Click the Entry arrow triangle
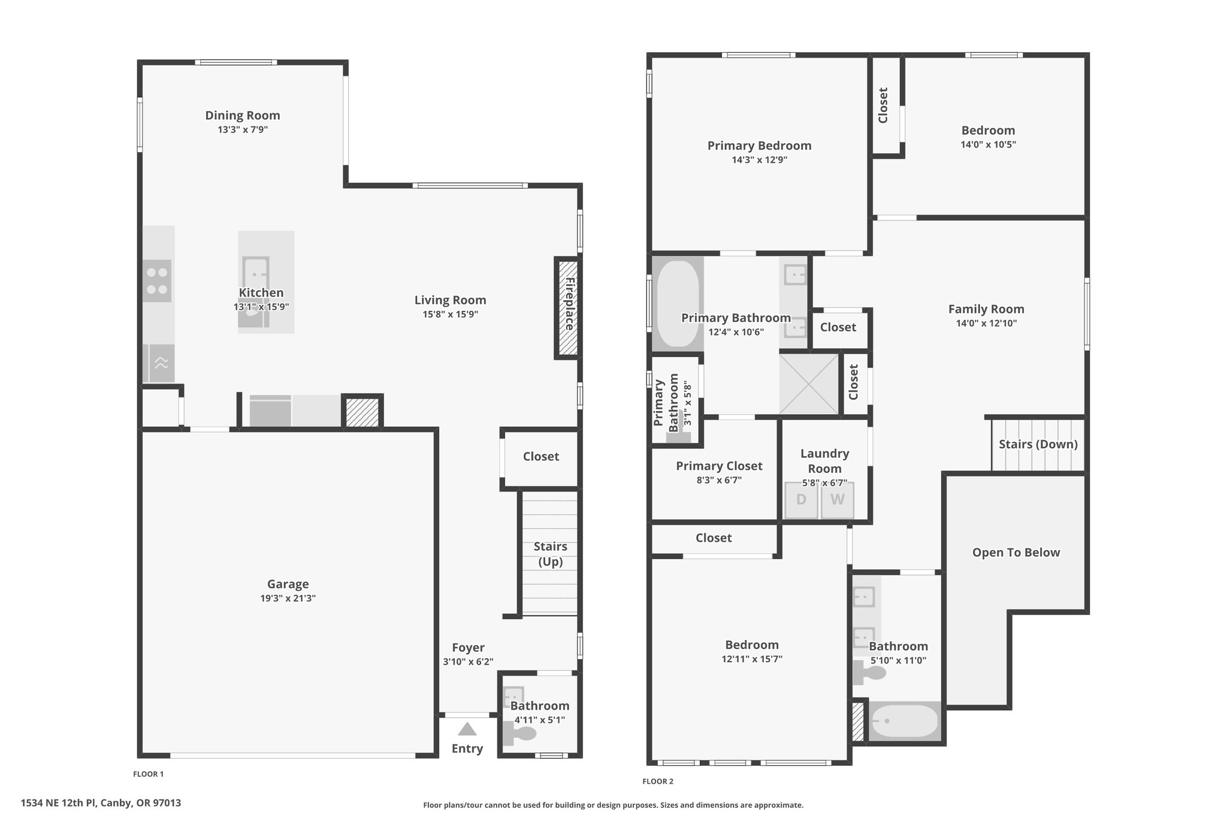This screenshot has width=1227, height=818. click(467, 729)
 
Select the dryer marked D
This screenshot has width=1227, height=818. click(801, 500)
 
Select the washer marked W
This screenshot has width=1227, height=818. click(837, 500)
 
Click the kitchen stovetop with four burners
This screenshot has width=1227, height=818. click(157, 281)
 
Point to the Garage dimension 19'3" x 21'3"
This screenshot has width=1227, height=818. click(288, 598)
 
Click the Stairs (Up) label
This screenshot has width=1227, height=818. click(550, 554)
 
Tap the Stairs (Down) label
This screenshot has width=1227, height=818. click(1038, 444)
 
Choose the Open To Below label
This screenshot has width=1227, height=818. click(1016, 553)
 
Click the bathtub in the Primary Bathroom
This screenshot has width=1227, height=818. click(678, 303)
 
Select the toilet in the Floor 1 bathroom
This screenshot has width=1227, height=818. click(520, 732)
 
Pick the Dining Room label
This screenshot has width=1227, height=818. click(243, 115)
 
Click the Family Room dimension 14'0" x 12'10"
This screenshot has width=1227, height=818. click(986, 324)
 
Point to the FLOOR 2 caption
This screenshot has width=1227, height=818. click(658, 781)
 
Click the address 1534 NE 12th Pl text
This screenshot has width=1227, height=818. click(59, 803)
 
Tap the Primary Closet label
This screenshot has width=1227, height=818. click(719, 466)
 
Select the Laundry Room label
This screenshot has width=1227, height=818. click(824, 461)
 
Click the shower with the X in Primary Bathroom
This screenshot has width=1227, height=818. click(809, 384)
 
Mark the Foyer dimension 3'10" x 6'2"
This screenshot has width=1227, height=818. click(468, 662)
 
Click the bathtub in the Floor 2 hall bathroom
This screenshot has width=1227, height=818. click(904, 721)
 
